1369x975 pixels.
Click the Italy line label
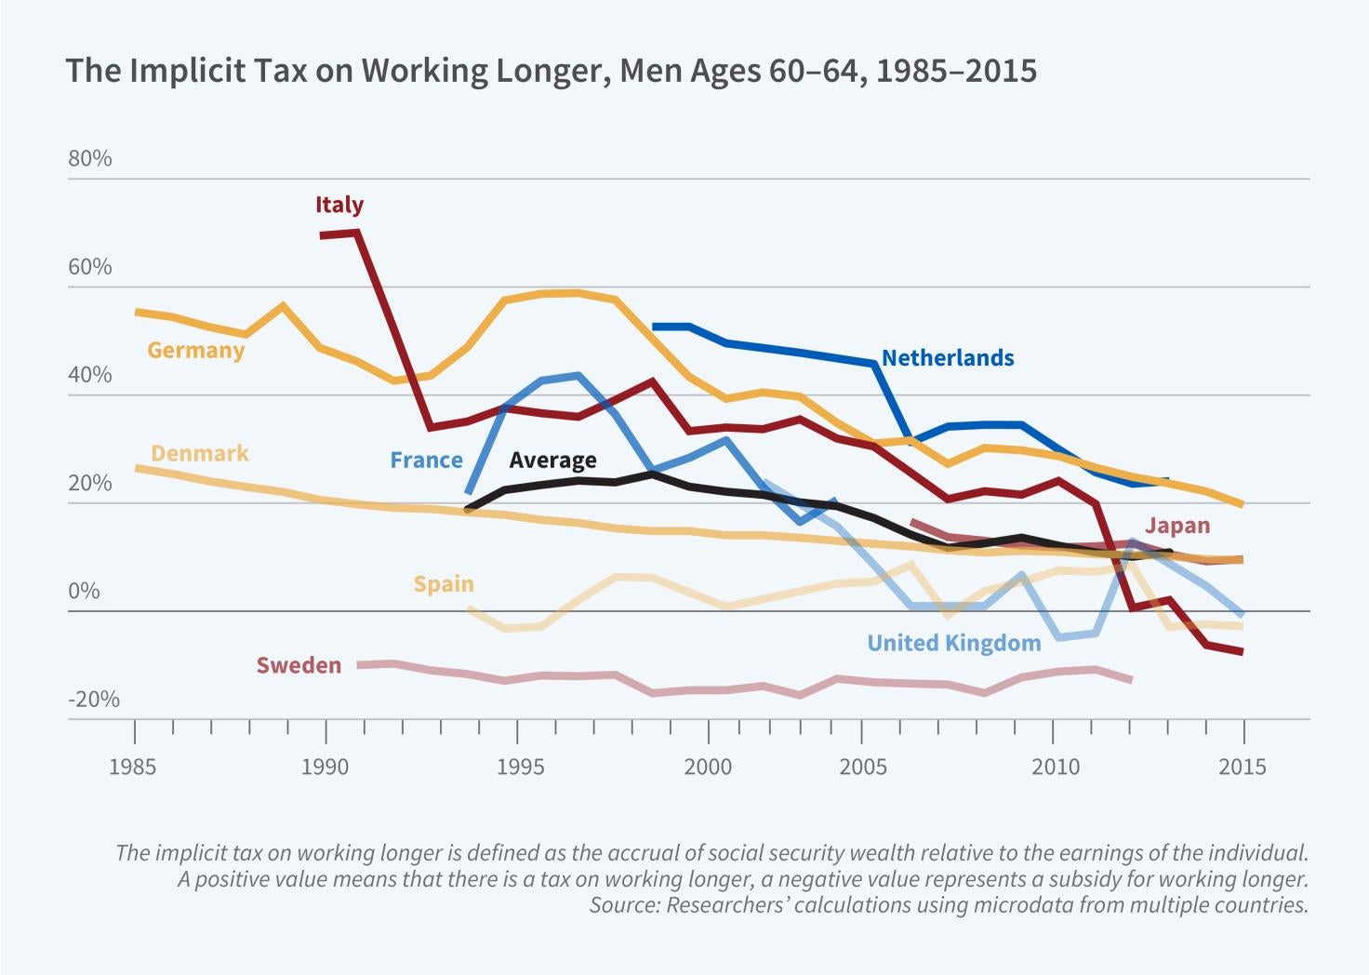[x=339, y=205]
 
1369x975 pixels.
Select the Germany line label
[x=195, y=351]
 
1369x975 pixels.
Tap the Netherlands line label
[x=947, y=358]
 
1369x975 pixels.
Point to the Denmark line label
[x=199, y=453]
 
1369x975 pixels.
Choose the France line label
[x=426, y=461]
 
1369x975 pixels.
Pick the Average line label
[x=552, y=461]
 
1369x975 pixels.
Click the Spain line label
[x=444, y=584]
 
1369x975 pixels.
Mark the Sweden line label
[x=299, y=665]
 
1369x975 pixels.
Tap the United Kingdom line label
[x=953, y=643]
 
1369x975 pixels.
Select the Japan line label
[x=1176, y=526]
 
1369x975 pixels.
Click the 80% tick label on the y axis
[x=89, y=158]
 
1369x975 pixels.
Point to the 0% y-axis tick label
[x=84, y=592]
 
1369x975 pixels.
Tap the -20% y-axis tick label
[x=93, y=700]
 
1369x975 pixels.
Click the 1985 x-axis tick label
[x=132, y=767]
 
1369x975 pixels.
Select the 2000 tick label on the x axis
[x=708, y=767]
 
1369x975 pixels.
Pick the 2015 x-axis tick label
[x=1243, y=767]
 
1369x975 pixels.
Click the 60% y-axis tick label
[x=89, y=267]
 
